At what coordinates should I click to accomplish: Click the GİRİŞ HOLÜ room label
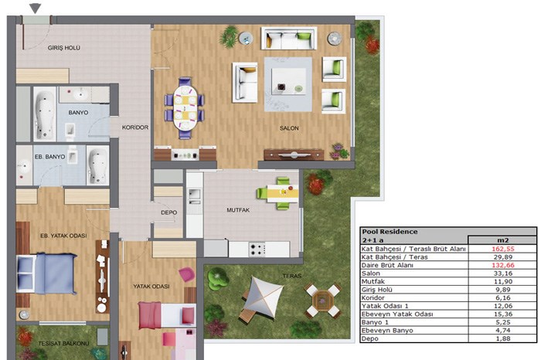tap(64, 48)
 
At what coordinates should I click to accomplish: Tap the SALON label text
tap(289, 128)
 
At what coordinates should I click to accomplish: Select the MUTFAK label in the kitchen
tap(238, 209)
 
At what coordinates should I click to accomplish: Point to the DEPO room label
tap(168, 212)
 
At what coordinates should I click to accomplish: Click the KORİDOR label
tap(135, 127)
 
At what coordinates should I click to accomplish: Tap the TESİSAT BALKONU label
tap(63, 344)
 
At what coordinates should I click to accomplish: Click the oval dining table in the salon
tap(185, 107)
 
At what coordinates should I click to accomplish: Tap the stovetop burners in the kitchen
tap(257, 250)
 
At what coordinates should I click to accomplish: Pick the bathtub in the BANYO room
tap(45, 114)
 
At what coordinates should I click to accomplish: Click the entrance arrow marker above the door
tap(36, 8)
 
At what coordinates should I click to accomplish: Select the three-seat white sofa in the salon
tap(289, 39)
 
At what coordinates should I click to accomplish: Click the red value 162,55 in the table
tap(502, 249)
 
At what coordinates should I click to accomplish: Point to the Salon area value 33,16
tap(503, 273)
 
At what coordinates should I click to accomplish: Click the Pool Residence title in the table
tap(390, 232)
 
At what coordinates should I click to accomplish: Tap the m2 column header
tap(502, 240)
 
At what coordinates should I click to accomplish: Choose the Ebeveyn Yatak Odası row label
tap(397, 314)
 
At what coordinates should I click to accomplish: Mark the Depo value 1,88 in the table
tap(503, 338)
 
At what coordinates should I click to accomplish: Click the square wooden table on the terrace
tap(322, 301)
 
